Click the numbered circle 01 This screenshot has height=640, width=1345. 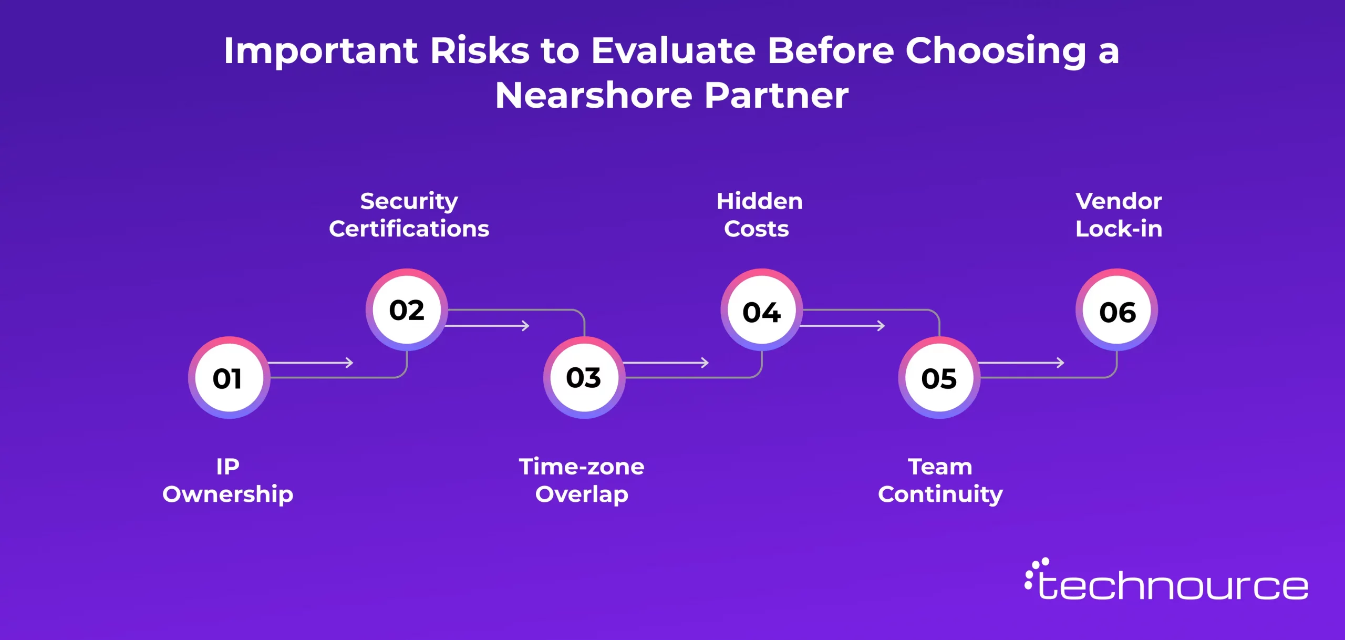(x=229, y=377)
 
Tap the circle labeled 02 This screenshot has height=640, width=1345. (x=407, y=309)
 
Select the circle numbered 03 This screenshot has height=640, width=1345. (x=584, y=377)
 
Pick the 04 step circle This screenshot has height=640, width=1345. (x=762, y=309)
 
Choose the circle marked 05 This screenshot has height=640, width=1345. (x=939, y=377)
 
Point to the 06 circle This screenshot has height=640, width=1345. (x=1117, y=309)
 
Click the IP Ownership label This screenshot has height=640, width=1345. (x=228, y=480)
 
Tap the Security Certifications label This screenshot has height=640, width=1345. (x=409, y=215)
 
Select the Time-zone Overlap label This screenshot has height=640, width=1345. (x=582, y=480)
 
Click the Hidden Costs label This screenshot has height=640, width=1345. (x=759, y=215)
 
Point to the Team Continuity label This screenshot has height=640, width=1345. (x=940, y=480)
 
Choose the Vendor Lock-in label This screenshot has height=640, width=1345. (x=1119, y=215)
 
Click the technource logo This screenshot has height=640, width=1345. (x=1166, y=580)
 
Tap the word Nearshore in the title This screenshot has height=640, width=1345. (x=594, y=95)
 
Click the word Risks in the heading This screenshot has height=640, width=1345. (x=480, y=50)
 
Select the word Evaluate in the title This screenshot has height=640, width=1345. (x=674, y=50)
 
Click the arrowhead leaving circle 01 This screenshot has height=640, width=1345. (x=349, y=363)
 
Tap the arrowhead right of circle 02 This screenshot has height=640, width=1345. (x=525, y=326)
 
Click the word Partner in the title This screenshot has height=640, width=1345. (x=777, y=95)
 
